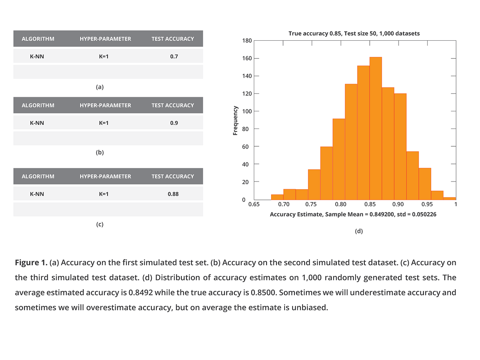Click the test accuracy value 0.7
pos(174,56)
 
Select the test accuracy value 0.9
pos(174,123)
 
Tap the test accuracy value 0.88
pos(173,194)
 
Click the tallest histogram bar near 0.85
pos(376,129)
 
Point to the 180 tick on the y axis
pos(247,41)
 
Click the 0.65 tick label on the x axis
pos(254,205)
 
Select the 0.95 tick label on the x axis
pos(427,205)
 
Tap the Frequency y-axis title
pos(235,121)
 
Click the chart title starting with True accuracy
pos(354,33)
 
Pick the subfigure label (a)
pos(100,87)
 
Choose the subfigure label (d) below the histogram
pos(359,231)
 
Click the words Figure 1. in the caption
pos(31,263)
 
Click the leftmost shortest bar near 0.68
pos(277,197)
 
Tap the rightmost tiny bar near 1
pos(449,198)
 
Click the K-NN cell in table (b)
pos(37,123)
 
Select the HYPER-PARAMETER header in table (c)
pos(105,176)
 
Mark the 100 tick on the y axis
pos(247,111)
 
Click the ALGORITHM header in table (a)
pos(38,39)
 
